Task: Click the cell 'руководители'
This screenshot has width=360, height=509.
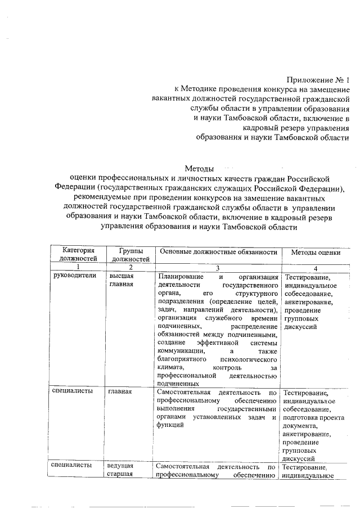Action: click(x=74, y=276)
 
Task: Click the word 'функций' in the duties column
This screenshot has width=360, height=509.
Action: click(x=170, y=426)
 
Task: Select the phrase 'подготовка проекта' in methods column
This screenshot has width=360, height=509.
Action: click(x=314, y=418)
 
